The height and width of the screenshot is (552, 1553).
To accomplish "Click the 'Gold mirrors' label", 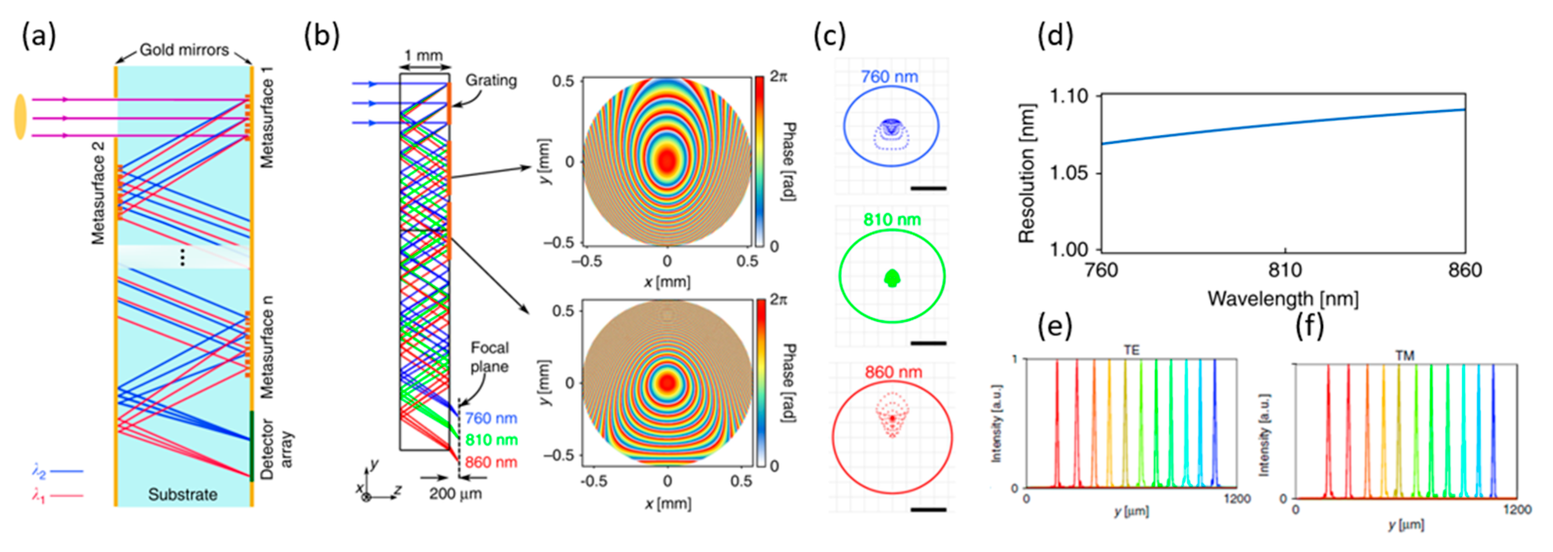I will (x=184, y=50).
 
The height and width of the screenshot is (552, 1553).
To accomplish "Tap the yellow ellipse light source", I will (x=20, y=116).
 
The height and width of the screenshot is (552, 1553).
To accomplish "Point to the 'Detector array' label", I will (x=276, y=449).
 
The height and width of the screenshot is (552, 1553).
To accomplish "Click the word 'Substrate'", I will (x=183, y=495).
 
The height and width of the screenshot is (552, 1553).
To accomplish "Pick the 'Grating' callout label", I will (x=491, y=80).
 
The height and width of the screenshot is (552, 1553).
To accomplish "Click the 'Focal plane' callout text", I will (x=489, y=357).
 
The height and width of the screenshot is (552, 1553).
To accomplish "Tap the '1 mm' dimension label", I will (x=423, y=56).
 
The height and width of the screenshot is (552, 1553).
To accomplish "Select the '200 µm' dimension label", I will (x=455, y=494).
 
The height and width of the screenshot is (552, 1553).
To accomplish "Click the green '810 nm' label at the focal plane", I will (x=491, y=440).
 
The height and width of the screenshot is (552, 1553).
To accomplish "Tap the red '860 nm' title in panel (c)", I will (x=893, y=373).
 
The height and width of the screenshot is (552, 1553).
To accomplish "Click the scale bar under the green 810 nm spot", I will (x=928, y=343).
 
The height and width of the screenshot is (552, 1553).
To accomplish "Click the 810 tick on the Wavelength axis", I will (x=1285, y=270).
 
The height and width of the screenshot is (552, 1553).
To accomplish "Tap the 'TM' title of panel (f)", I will (x=1404, y=356).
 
